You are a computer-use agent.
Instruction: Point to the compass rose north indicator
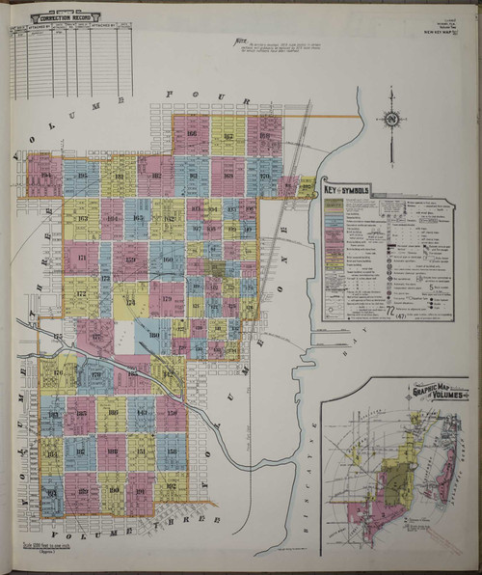coord(392,119)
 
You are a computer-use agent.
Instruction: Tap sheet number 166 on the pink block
coord(191,134)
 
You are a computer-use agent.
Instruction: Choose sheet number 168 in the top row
coord(228,176)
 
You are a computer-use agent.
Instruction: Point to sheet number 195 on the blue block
coord(82,176)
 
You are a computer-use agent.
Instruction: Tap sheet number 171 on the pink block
coord(81,260)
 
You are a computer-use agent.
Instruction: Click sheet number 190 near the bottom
coord(114,490)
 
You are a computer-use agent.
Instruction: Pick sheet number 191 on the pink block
coord(142,491)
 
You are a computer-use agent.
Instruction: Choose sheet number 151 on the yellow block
coord(142,451)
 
